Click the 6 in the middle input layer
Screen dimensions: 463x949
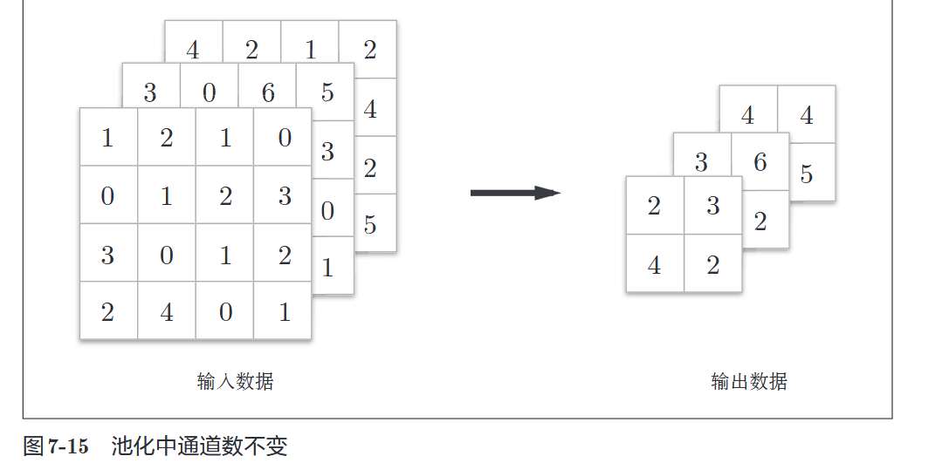point(268,92)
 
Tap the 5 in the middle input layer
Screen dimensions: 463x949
point(327,92)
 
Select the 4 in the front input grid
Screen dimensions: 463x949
point(167,311)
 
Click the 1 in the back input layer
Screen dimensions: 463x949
point(311,51)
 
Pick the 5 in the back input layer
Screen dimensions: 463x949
point(370,224)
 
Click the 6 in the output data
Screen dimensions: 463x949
point(760,161)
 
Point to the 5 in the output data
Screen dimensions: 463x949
point(807,174)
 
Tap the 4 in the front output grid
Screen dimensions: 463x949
point(655,265)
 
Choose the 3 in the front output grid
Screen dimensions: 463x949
point(713,207)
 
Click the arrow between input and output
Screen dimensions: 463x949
point(515,193)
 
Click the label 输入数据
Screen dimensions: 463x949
point(236,382)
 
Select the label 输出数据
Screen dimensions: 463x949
point(749,382)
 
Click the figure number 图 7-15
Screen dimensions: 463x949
point(56,447)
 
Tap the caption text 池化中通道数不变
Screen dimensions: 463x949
point(199,447)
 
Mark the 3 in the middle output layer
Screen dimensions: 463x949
point(702,161)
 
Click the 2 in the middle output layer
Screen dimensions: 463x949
point(760,221)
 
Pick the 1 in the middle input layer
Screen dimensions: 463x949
point(327,268)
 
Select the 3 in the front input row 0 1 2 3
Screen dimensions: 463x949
point(285,196)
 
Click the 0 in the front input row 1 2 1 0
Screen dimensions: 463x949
point(285,138)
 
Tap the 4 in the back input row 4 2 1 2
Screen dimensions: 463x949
point(193,51)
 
